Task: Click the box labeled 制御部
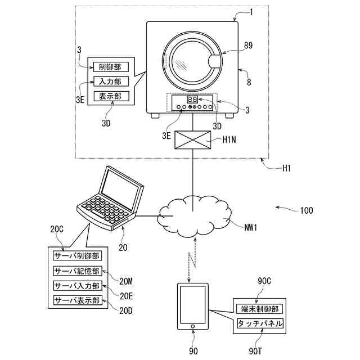point(110,67)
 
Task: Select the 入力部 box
point(110,82)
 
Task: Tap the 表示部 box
point(110,96)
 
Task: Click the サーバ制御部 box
point(76,256)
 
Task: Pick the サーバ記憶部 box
point(76,271)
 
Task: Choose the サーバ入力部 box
point(76,286)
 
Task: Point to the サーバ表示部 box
point(76,300)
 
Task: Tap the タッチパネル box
point(259,325)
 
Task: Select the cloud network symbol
point(193,214)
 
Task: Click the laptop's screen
point(119,190)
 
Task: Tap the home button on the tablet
point(193,326)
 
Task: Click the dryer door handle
point(214,61)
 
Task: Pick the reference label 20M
point(127,281)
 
